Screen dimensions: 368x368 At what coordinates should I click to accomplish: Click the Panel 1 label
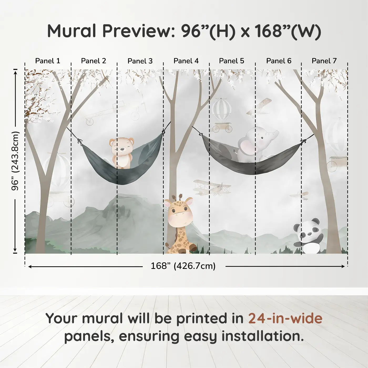pos(48,61)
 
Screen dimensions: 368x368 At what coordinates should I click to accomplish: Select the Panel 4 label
pos(186,61)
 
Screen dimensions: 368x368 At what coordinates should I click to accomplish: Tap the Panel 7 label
pos(324,61)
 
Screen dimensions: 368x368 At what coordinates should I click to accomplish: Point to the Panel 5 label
pos(232,61)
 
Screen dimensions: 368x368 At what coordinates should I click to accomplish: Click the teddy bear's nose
pos(122,149)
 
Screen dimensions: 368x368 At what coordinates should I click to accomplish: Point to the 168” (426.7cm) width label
pos(183,266)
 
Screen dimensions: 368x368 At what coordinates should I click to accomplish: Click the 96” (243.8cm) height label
pos(15,161)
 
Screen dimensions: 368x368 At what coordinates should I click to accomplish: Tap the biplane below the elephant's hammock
pos(212,187)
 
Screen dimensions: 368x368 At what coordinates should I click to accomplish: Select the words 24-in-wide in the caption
pos(285,318)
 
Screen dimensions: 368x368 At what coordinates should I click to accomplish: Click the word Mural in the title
pos(71,31)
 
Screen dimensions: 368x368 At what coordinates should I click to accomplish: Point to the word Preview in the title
pos(139,31)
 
